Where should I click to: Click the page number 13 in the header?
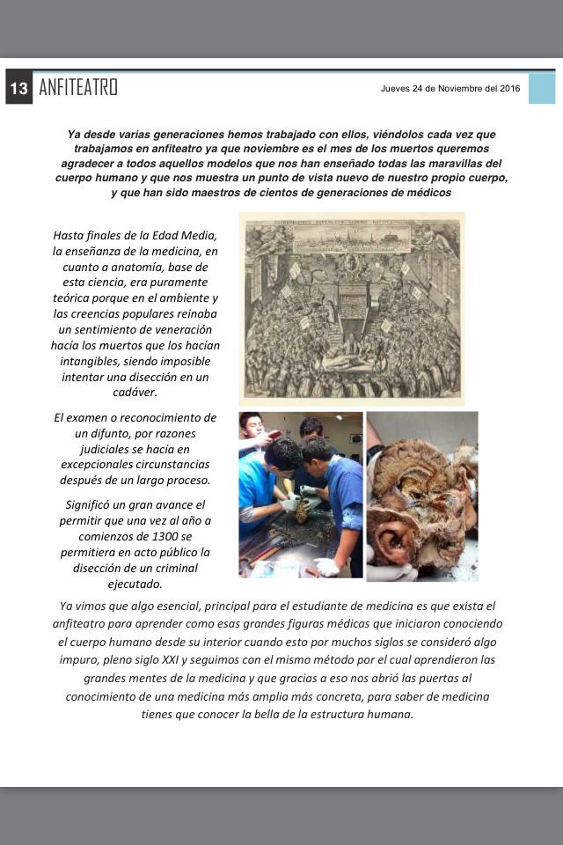coord(18,88)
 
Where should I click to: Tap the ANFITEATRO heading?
coord(78,87)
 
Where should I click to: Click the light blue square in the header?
coord(541,88)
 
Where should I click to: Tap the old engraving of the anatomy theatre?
coord(352,308)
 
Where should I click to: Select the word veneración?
coord(183,329)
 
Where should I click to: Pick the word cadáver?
coord(135,393)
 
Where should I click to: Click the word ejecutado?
coord(135,583)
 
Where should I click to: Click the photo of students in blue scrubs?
coord(301,494)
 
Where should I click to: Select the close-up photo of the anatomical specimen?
coord(422,496)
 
